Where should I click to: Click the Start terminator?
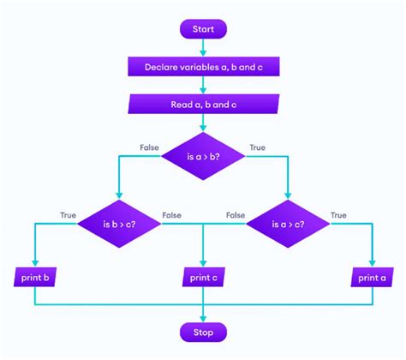[203, 28]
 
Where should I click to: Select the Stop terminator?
[203, 331]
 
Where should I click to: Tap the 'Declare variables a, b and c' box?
[203, 66]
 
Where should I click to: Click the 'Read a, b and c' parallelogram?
[203, 105]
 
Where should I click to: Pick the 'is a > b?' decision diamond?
[203, 155]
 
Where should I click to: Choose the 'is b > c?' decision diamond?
[118, 225]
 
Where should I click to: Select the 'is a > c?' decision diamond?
[288, 225]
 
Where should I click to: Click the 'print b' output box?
[35, 277]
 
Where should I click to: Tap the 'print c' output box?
[203, 277]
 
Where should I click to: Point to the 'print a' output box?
[372, 277]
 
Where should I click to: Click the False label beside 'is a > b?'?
[149, 147]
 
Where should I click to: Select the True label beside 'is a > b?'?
[257, 147]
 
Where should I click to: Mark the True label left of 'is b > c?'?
[68, 215]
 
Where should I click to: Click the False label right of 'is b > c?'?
[171, 215]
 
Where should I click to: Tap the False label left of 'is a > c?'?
[236, 215]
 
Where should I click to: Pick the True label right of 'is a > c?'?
[338, 215]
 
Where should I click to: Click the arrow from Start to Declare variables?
[203, 46]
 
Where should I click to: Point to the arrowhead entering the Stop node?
[203, 316]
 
